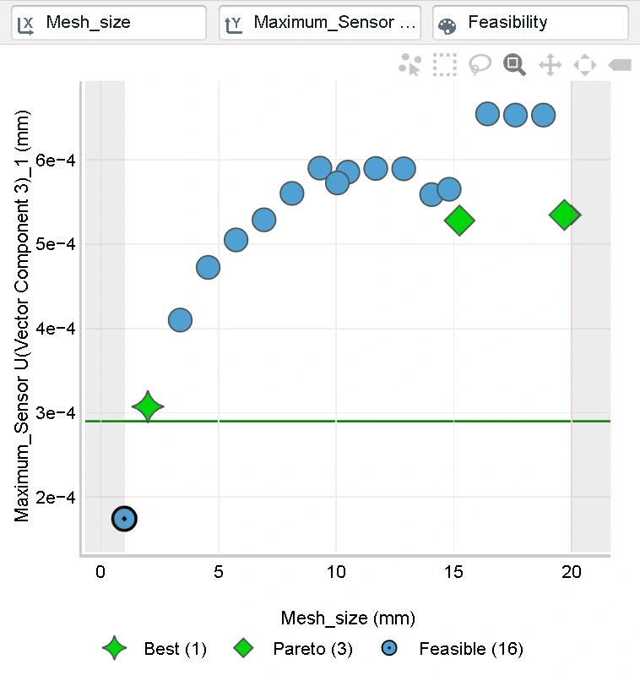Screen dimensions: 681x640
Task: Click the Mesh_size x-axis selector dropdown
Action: tap(108, 23)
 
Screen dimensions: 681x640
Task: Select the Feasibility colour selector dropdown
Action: tap(530, 23)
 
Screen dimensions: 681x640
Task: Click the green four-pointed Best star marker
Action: tap(148, 407)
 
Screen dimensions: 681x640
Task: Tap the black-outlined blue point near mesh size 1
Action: tap(124, 518)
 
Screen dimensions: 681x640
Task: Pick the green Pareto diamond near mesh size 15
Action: tap(459, 221)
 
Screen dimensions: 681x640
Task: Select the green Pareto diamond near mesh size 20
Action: tap(564, 215)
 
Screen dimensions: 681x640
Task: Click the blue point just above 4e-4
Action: tap(180, 319)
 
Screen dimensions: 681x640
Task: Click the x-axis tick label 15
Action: tap(454, 571)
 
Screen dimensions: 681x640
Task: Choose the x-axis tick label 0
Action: tap(100, 571)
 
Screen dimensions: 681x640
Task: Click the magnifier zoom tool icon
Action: tap(514, 64)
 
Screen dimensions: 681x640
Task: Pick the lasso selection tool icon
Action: tap(480, 64)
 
